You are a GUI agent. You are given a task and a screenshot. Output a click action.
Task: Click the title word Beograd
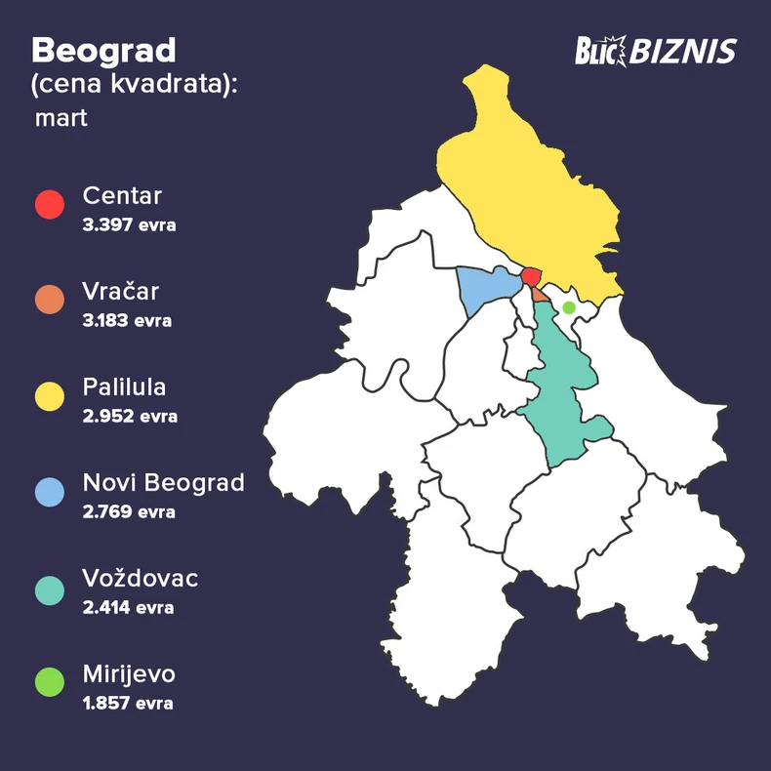point(103,50)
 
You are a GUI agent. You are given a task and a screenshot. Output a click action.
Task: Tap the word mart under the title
point(61,118)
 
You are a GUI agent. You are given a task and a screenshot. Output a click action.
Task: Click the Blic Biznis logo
point(655,51)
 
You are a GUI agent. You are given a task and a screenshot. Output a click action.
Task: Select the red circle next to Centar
point(50,205)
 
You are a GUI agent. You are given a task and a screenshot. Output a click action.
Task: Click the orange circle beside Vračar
point(50,300)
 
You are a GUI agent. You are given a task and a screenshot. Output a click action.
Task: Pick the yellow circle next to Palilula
point(50,395)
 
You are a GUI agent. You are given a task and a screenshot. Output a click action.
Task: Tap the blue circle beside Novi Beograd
point(50,491)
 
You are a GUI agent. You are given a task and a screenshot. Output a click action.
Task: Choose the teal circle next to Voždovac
point(50,588)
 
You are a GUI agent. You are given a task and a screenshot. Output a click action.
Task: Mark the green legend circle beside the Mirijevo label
point(50,682)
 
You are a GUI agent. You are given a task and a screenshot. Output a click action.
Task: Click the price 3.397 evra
point(130,225)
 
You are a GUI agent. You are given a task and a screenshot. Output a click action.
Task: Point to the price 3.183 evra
point(128,320)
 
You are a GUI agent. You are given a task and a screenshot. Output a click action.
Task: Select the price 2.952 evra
point(130,416)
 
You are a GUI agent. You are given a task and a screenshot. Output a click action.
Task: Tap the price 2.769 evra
point(130,511)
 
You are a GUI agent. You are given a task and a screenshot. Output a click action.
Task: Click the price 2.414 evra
point(129,607)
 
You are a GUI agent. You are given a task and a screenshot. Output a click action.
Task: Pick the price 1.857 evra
point(128,703)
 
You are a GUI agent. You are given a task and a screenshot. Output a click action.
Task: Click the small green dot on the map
point(569,307)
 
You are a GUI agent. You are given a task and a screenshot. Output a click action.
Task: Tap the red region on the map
point(531,276)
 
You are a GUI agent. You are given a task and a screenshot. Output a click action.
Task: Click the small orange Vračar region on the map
point(540,294)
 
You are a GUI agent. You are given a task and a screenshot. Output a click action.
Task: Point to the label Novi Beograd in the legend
point(164,483)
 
